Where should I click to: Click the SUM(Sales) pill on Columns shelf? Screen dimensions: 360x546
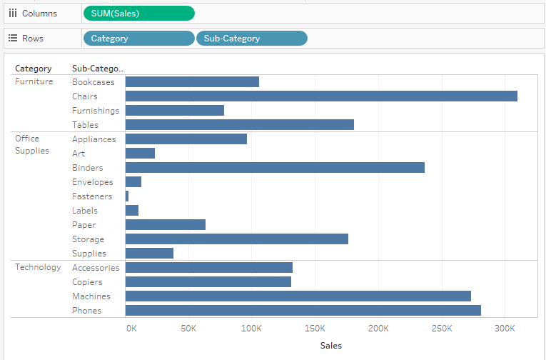point(138,14)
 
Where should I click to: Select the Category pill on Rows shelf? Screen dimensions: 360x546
point(138,39)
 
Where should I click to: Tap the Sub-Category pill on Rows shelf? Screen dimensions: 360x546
point(251,39)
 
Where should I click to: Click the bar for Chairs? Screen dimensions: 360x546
point(321,96)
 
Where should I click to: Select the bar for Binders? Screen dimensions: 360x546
point(275,168)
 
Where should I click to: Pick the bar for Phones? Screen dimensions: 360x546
point(303,311)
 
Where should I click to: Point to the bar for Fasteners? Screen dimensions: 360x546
point(127,196)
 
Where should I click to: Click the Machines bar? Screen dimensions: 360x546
point(298,296)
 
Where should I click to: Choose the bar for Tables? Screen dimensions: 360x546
point(239,125)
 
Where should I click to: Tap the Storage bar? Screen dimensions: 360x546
point(236,239)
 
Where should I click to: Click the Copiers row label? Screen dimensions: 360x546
point(87,282)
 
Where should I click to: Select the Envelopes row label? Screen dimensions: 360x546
point(92,182)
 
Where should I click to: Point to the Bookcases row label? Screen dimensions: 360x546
point(93,82)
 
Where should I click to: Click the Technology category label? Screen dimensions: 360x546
point(38,267)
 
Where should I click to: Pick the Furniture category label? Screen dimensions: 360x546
point(34,81)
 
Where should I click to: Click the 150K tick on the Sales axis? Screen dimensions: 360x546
point(315,329)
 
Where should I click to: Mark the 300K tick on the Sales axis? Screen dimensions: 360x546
point(505,329)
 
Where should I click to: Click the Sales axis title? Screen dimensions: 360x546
point(331,346)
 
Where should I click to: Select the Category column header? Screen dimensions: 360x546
point(33,69)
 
